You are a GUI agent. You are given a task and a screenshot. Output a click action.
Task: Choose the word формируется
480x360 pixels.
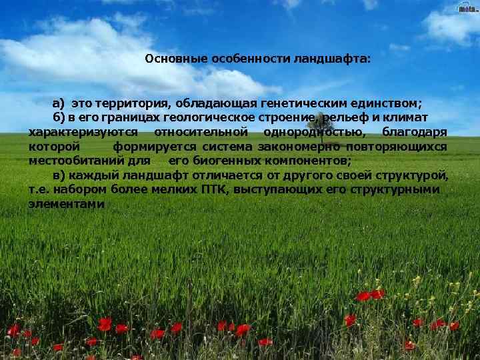pyautogui.click(x=154, y=147)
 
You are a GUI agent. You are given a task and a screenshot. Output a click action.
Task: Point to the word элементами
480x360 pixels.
pyautogui.click(x=67, y=204)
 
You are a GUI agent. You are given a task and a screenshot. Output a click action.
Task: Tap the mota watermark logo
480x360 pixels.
pyautogui.click(x=467, y=8)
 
